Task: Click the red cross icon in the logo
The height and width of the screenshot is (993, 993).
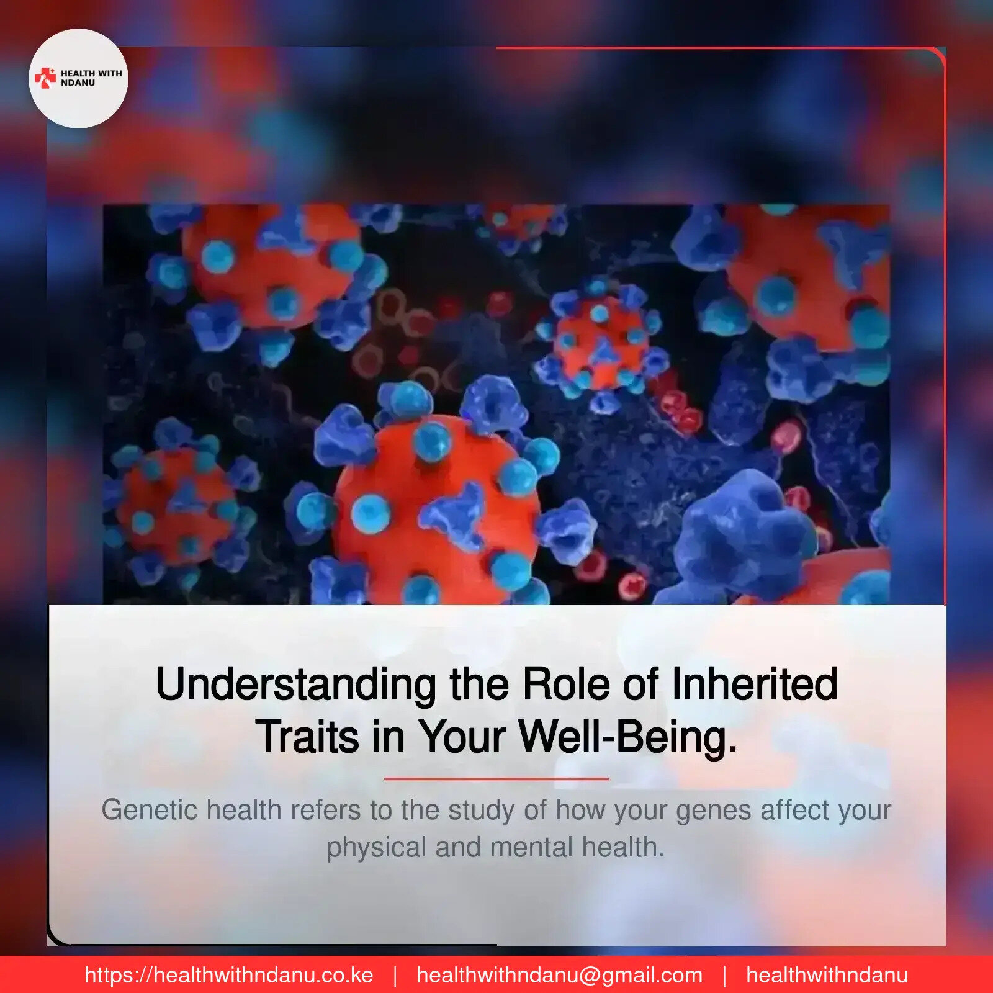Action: pyautogui.click(x=45, y=78)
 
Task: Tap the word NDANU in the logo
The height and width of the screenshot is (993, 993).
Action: pyautogui.click(x=78, y=83)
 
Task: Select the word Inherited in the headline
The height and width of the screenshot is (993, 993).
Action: pyautogui.click(x=755, y=684)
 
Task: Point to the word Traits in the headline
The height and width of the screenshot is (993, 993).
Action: pyautogui.click(x=307, y=737)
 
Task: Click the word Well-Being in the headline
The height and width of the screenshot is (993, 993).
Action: pyautogui.click(x=627, y=737)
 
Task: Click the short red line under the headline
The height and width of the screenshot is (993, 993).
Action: pyautogui.click(x=496, y=778)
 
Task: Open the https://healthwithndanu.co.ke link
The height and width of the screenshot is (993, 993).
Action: pyautogui.click(x=229, y=975)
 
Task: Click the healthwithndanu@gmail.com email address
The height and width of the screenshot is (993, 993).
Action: pyautogui.click(x=559, y=975)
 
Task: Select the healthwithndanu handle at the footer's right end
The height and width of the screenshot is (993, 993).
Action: pyautogui.click(x=827, y=975)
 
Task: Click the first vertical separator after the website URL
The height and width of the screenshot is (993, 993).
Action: pyautogui.click(x=395, y=976)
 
